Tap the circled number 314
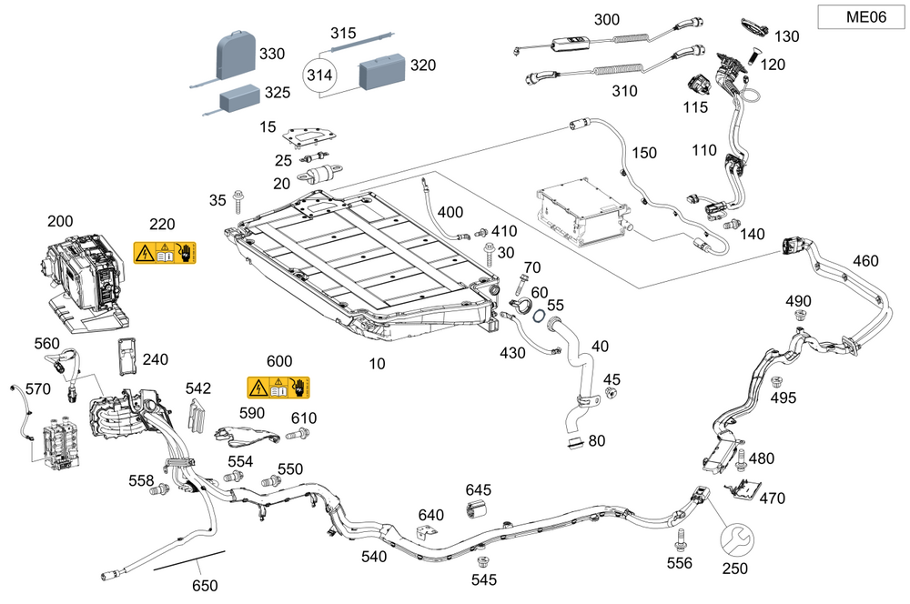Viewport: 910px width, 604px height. click(319, 75)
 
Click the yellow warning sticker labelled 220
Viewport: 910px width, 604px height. click(165, 253)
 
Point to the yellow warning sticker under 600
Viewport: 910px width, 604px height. click(278, 388)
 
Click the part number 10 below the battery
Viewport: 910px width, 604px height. click(378, 364)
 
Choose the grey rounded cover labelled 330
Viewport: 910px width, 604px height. click(236, 54)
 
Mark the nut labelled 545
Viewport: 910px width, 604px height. click(484, 559)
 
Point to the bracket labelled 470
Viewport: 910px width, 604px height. click(742, 489)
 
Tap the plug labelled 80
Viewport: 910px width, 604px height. click(574, 442)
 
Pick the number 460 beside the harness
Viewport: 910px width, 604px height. click(865, 261)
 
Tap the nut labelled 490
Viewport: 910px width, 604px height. click(799, 316)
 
